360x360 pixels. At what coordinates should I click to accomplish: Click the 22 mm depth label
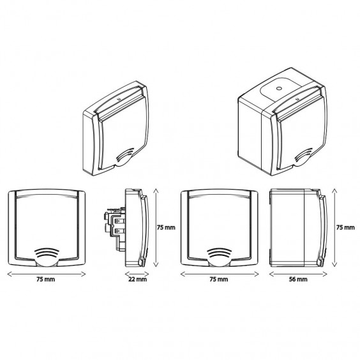coord(137,280)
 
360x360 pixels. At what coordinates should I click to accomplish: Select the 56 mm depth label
coord(298,280)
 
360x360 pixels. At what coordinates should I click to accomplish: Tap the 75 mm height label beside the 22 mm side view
coord(166,227)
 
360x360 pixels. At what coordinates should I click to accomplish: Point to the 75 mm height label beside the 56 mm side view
coord(345,227)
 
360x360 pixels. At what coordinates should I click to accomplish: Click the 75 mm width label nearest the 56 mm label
coord(219,280)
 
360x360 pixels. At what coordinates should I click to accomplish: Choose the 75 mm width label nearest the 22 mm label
coord(46,280)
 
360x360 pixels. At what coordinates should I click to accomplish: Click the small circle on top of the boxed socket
coord(279,88)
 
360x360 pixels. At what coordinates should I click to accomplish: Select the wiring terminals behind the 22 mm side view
coord(114,227)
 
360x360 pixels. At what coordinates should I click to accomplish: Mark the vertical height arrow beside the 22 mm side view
coord(156,227)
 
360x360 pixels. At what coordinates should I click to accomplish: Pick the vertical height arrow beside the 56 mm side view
coord(334,227)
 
